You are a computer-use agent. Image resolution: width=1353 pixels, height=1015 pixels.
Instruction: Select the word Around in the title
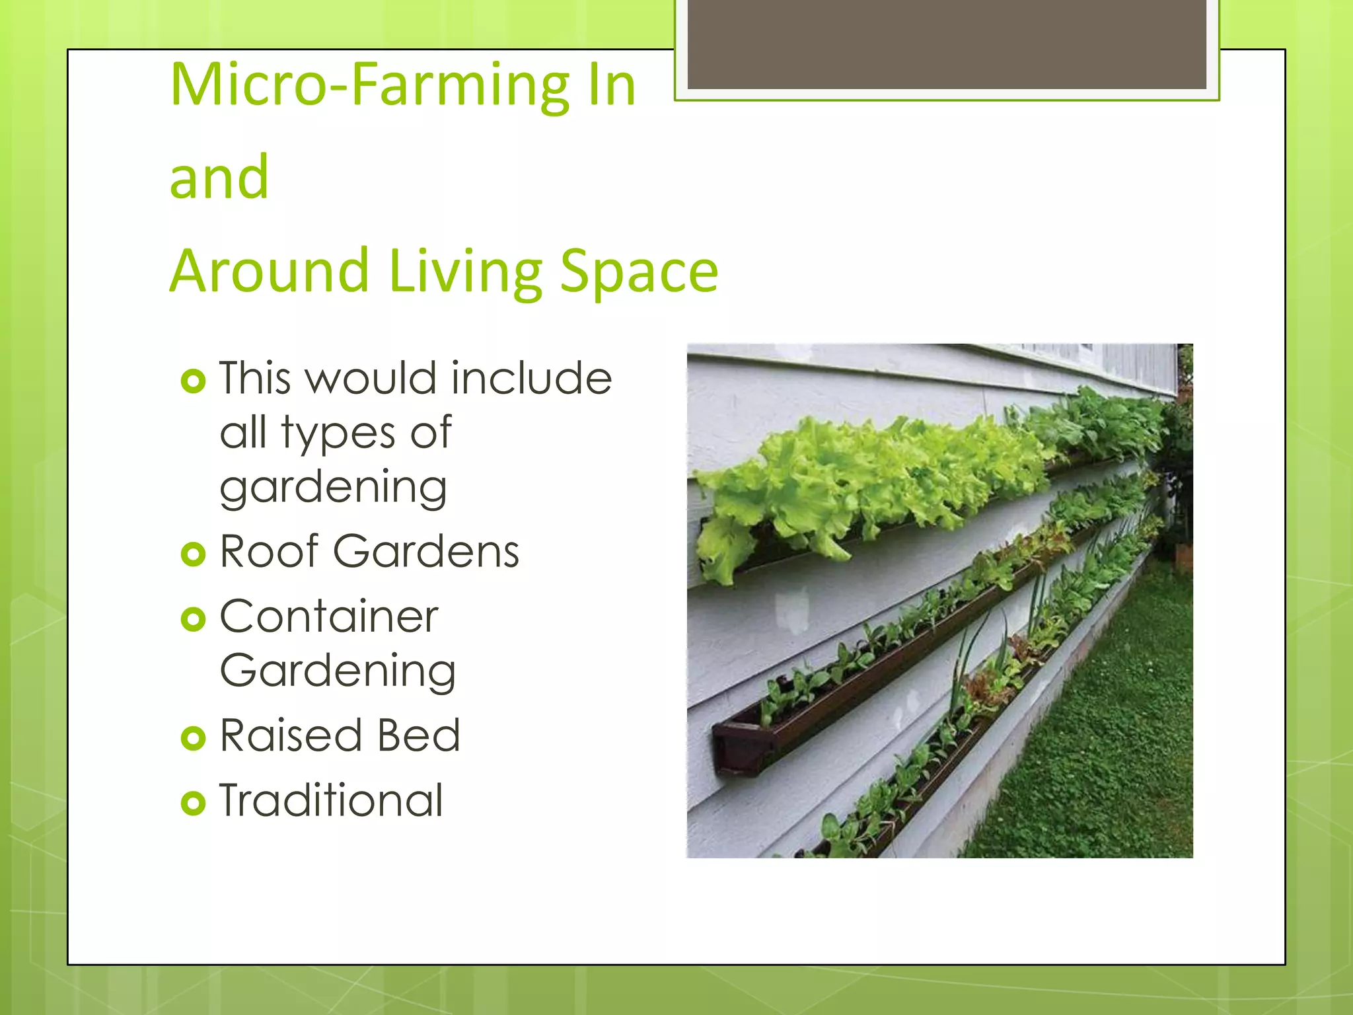(x=269, y=270)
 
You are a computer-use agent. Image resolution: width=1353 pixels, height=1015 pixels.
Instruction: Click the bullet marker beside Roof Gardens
(x=193, y=554)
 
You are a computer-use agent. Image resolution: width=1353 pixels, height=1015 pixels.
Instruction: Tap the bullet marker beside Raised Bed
(x=193, y=738)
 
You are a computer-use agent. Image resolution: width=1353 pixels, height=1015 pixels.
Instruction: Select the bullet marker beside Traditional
(x=193, y=803)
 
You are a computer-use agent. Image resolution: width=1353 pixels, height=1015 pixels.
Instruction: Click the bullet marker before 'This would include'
(x=193, y=381)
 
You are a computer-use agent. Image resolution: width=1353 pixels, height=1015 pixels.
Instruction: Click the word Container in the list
(x=329, y=617)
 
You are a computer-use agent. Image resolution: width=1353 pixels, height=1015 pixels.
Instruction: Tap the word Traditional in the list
(x=331, y=800)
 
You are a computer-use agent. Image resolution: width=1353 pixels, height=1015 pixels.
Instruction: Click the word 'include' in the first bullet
(x=531, y=378)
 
